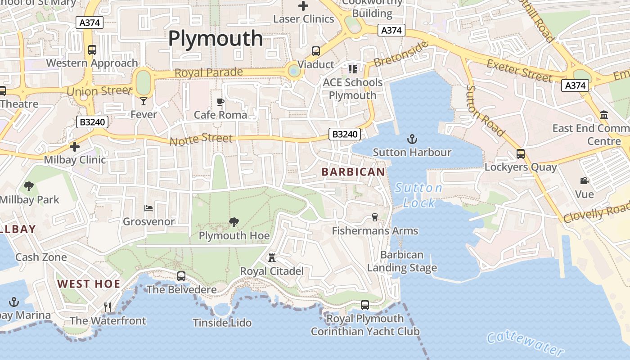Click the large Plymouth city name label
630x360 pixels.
tap(215, 39)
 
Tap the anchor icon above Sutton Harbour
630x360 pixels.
tap(412, 139)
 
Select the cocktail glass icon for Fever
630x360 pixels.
tap(144, 101)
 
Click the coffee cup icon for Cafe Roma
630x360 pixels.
tap(220, 102)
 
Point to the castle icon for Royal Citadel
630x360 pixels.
tap(272, 258)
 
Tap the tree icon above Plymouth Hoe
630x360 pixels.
tap(234, 222)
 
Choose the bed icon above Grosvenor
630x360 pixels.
tap(148, 208)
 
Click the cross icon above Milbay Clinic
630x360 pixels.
tap(75, 146)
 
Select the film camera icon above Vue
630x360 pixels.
tap(584, 181)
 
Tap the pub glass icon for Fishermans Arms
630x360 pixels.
tap(374, 217)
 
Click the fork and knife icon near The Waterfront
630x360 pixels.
tap(108, 307)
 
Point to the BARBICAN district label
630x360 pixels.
tap(353, 172)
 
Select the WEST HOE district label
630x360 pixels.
tap(89, 284)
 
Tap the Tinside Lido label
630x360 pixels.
tap(222, 323)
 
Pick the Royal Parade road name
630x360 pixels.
tap(208, 72)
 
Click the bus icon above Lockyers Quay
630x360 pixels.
tap(521, 153)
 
